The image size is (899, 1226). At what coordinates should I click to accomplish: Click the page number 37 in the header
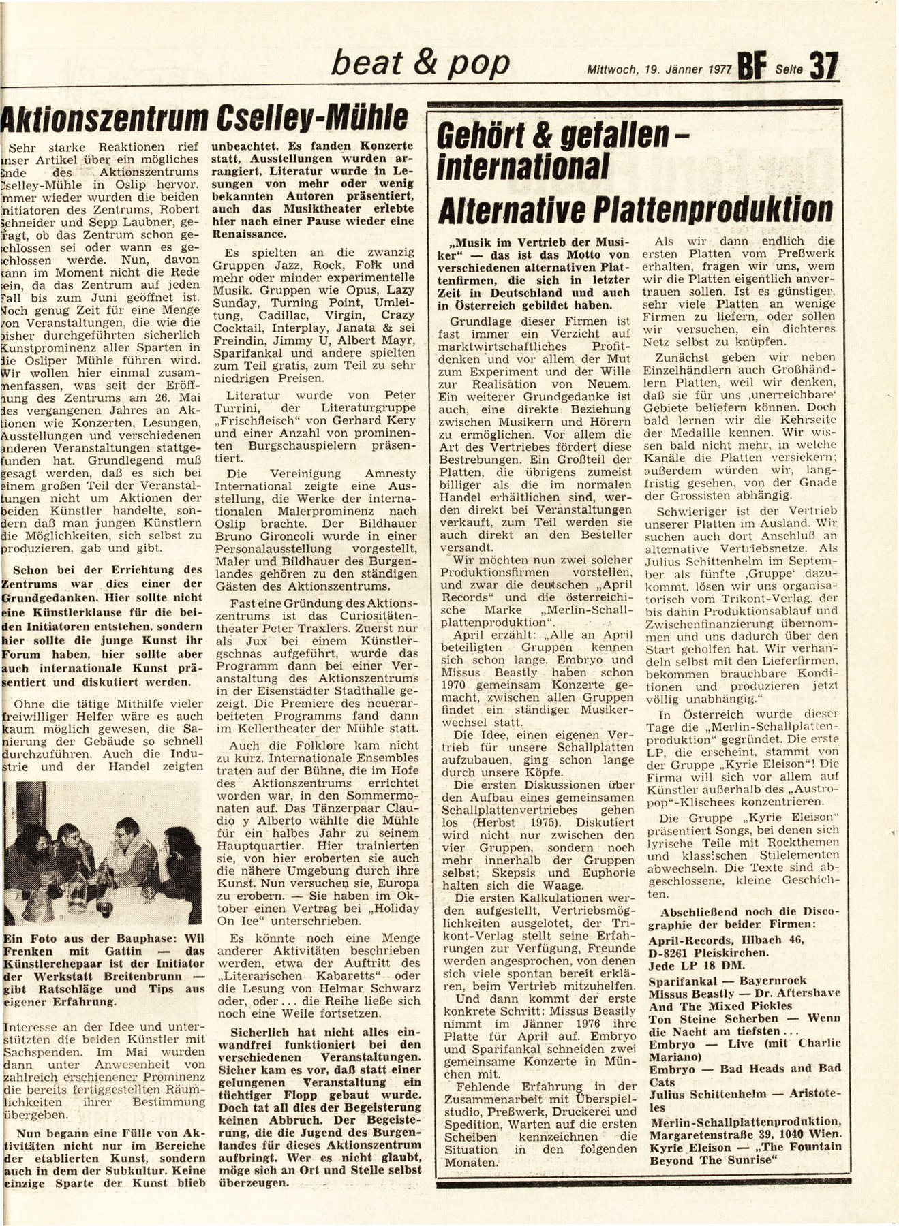823,67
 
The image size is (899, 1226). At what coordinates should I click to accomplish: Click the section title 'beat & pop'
418,63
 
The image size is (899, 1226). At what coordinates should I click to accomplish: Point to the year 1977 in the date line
716,69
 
